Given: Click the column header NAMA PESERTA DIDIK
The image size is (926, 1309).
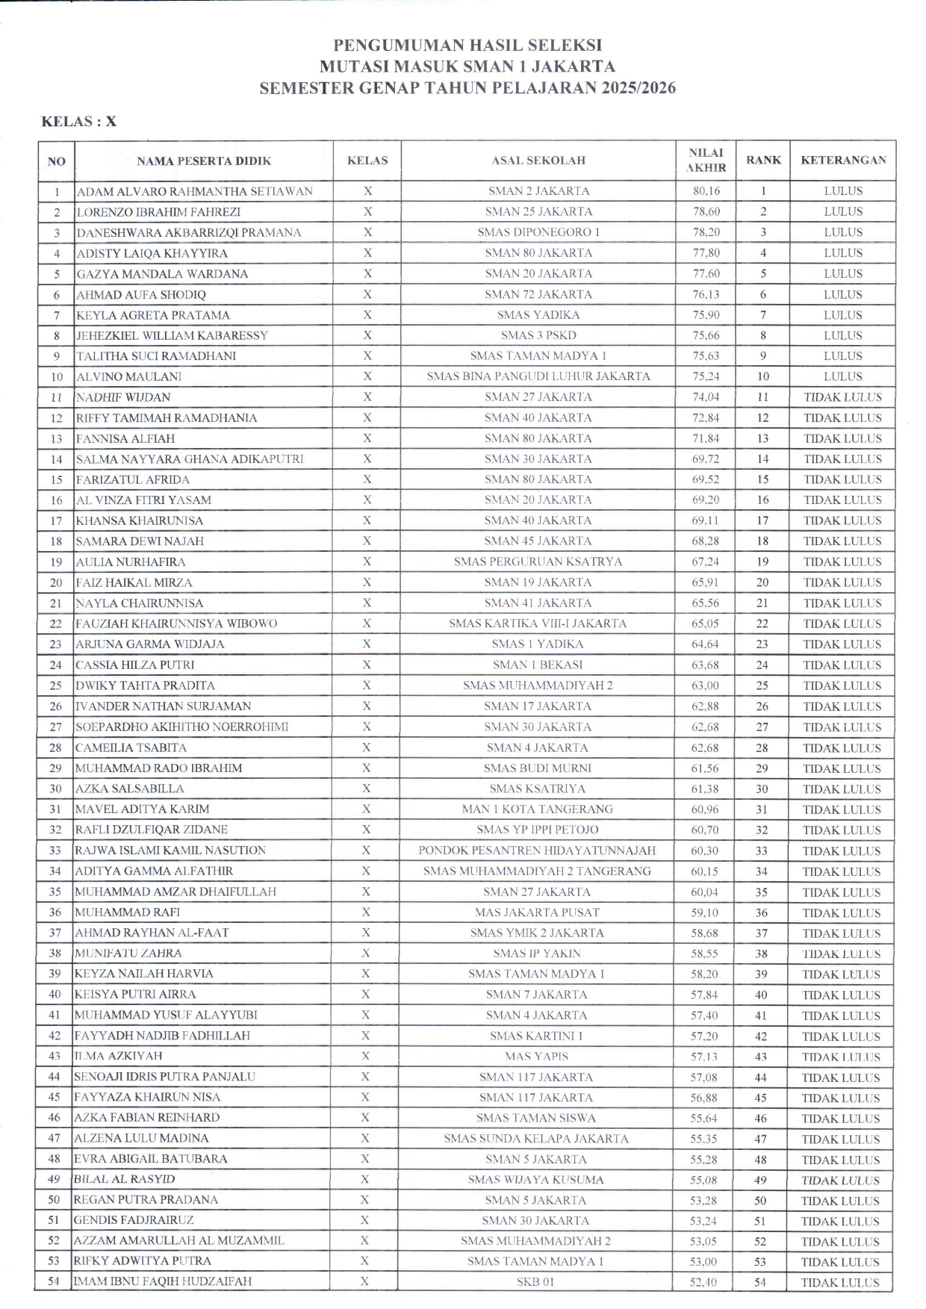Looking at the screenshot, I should pos(204,161).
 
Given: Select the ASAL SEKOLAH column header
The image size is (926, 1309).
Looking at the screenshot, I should pos(538,161).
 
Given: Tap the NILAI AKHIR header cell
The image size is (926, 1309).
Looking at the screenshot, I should pos(706,161).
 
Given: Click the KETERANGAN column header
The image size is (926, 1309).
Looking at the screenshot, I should pos(843,161).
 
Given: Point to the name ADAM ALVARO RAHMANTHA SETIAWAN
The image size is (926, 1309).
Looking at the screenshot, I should pos(195,191).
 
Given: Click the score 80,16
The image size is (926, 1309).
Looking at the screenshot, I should pos(706,191).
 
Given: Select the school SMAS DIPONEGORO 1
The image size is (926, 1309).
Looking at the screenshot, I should pos(538,232).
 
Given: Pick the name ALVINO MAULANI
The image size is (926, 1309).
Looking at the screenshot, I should pos(129,376).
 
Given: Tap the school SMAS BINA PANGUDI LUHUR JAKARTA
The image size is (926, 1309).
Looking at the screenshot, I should pos(538,376).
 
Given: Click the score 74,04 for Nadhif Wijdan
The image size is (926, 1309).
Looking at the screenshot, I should pos(706,397).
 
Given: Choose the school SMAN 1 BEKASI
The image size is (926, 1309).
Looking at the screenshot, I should pos(538,665).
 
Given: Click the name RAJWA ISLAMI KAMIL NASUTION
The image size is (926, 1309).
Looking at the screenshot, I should pos(170,851).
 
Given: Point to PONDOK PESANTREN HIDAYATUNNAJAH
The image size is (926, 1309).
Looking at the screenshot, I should pos(537,851).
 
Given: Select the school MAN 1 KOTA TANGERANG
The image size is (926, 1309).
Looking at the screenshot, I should pos(538,809).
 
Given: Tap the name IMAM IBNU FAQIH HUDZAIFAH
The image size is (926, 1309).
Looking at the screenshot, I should pos(162,1282).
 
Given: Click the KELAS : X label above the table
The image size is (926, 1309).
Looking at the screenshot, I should pos(78,122).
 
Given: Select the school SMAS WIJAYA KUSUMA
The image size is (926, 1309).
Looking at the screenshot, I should pos(535,1180).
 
